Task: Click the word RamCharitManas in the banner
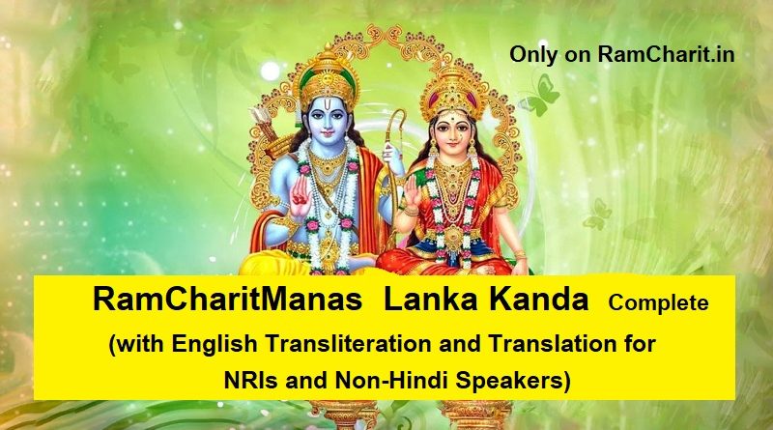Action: pyautogui.click(x=227, y=300)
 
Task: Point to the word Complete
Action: pyautogui.click(x=658, y=302)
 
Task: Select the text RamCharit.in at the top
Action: pyautogui.click(x=667, y=54)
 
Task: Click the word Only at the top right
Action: pyautogui.click(x=533, y=55)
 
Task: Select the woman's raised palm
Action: pyautogui.click(x=413, y=192)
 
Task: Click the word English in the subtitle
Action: pyautogui.click(x=215, y=345)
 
